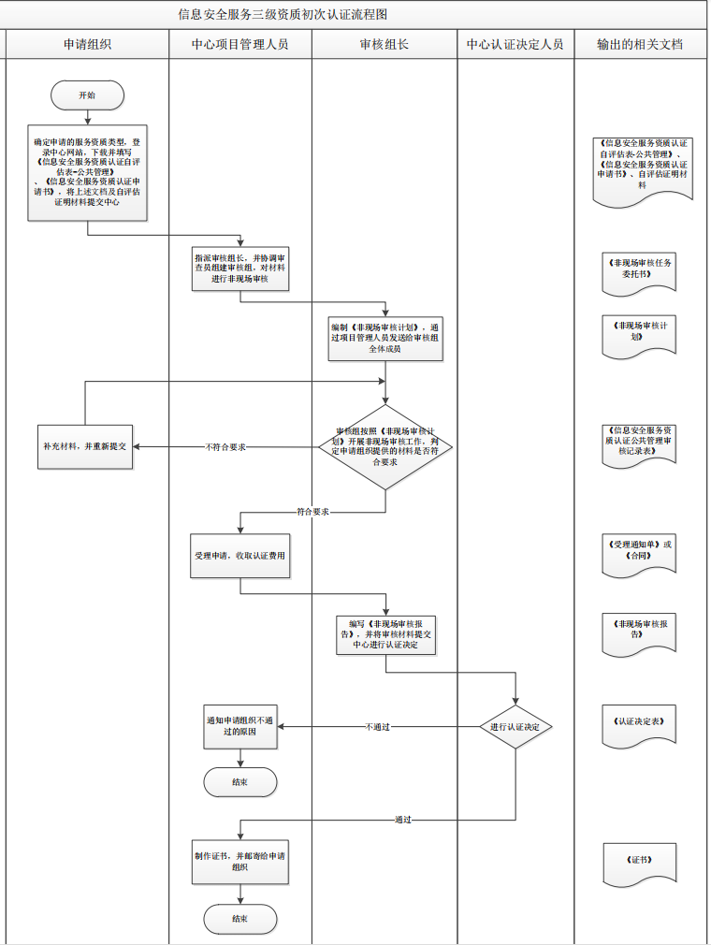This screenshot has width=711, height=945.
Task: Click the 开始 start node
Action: coord(88,94)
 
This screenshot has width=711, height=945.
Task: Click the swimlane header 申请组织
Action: coord(88,44)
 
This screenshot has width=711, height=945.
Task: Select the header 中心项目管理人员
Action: coord(239,44)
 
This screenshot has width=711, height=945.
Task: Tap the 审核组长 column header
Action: coord(384,44)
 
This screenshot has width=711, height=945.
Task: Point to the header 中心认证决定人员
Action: coord(515,44)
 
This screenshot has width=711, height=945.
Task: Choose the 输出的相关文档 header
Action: coord(640,44)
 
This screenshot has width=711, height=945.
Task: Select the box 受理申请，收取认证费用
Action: coord(239,555)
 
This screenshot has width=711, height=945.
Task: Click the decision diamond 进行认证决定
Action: coord(515,727)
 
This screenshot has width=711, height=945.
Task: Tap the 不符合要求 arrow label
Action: coord(225,447)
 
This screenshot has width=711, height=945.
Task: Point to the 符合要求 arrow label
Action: coord(312,513)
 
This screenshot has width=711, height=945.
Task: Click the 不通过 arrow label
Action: coord(377,727)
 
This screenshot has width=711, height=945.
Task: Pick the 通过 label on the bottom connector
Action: coord(403,820)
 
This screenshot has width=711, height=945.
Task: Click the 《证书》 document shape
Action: coord(640,861)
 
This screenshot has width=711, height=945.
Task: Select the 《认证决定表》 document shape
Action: coord(640,723)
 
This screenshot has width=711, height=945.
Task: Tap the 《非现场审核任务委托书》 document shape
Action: coord(640,270)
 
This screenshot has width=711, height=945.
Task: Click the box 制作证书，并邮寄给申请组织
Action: coord(239,862)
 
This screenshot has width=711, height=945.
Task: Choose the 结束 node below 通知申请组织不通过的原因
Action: coord(239,782)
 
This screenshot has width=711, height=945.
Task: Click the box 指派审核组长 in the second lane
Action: coord(239,269)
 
